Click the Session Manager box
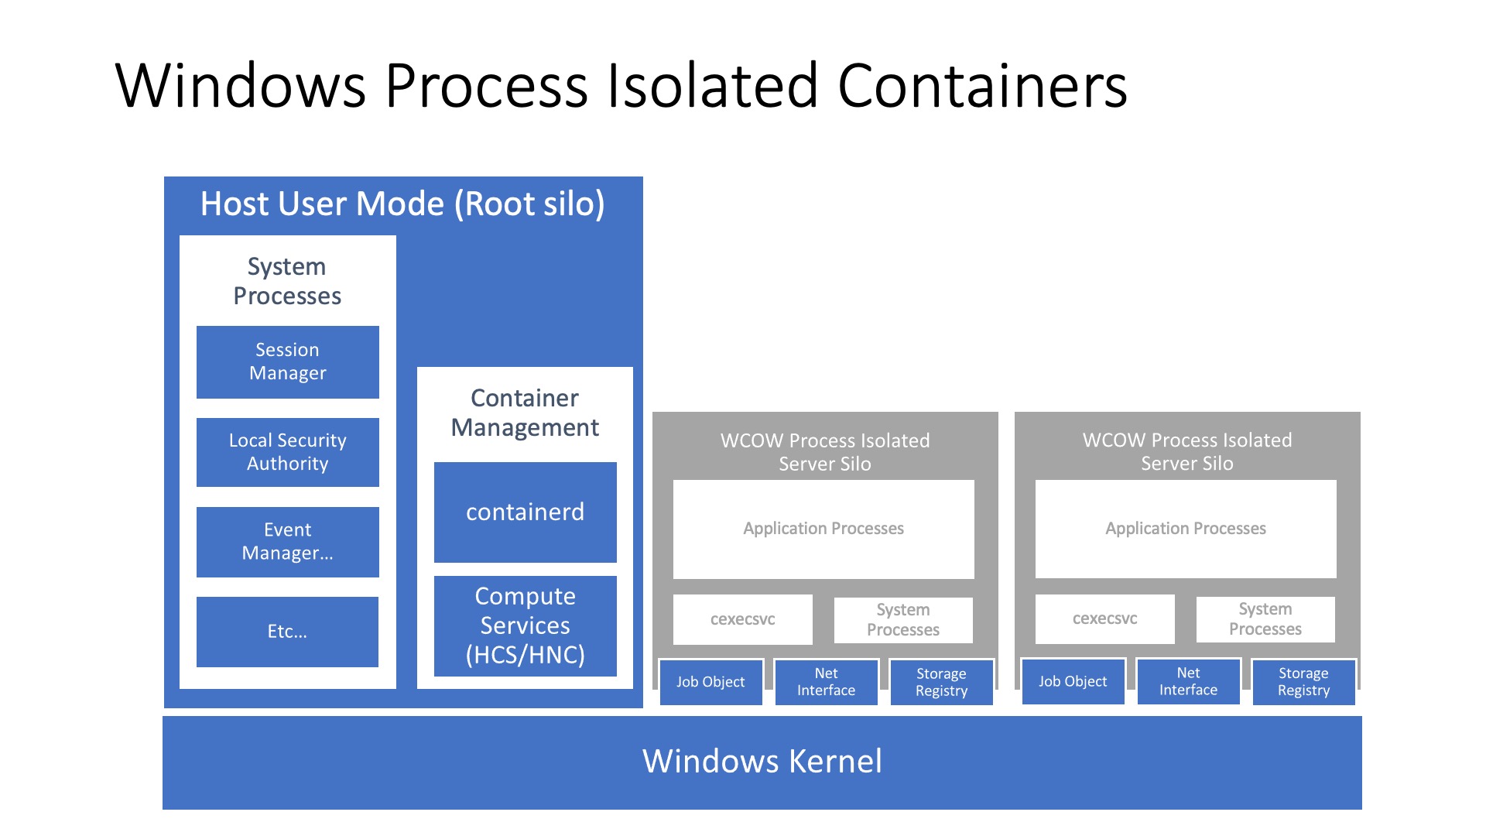[x=287, y=361]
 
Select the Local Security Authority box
[x=287, y=452]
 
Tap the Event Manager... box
[x=287, y=542]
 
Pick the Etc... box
[x=287, y=632]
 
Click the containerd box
[x=525, y=512]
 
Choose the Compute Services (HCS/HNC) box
[x=525, y=625]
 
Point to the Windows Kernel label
[x=762, y=762]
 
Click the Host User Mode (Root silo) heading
[x=402, y=204]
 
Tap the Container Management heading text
[x=525, y=413]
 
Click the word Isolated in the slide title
[x=712, y=85]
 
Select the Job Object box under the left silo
[x=710, y=682]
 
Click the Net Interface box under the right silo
[x=1188, y=681]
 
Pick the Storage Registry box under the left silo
[x=941, y=682]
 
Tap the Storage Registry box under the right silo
[x=1303, y=681]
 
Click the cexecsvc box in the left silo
[x=742, y=619]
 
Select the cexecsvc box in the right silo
[x=1104, y=618]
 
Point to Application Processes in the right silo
[x=1186, y=529]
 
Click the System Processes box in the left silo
[x=903, y=619]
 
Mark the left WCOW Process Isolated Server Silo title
[x=825, y=452]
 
